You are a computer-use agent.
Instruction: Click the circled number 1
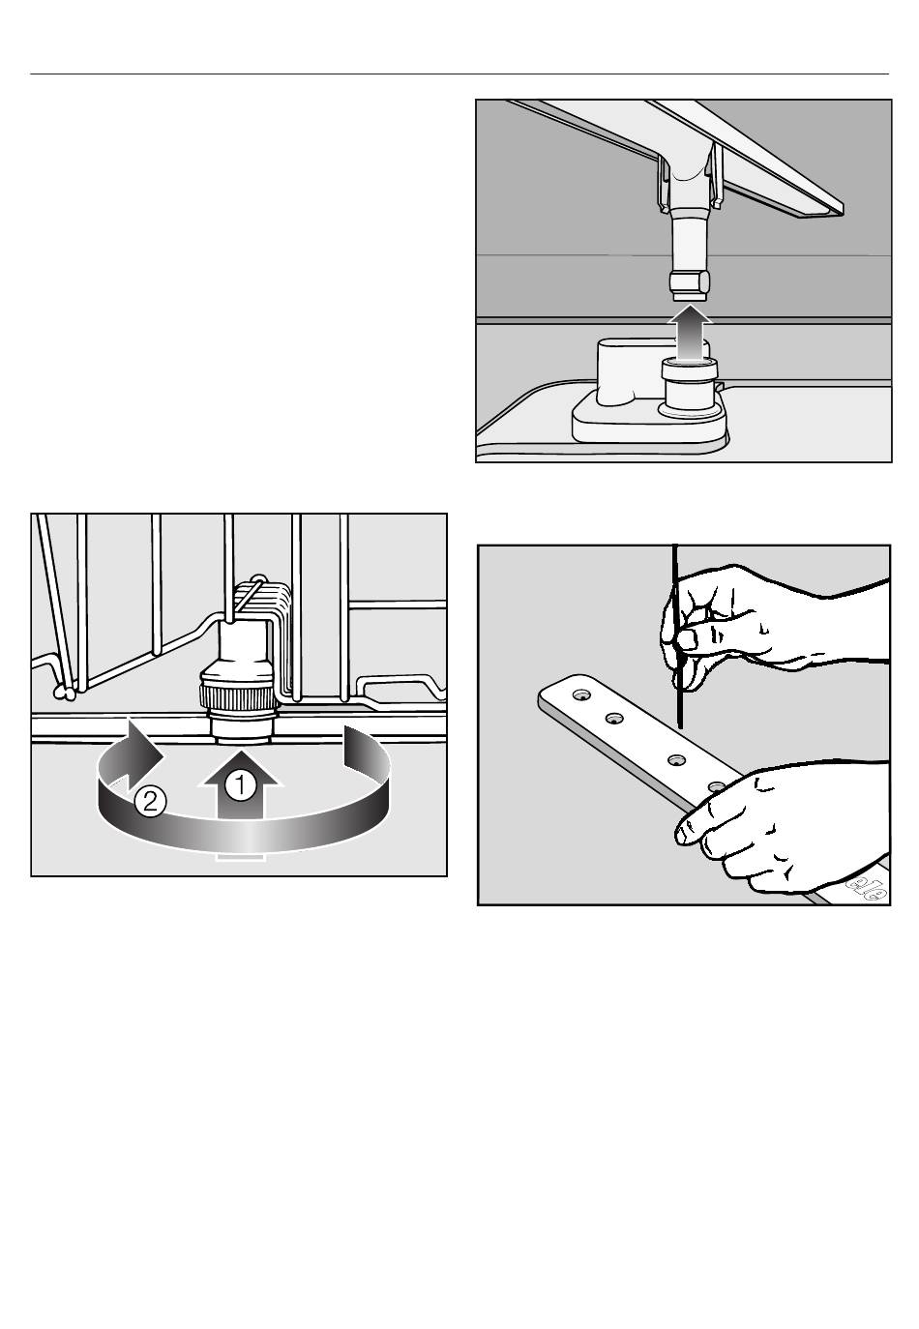pyautogui.click(x=240, y=785)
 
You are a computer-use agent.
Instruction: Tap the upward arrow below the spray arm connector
pyautogui.click(x=689, y=333)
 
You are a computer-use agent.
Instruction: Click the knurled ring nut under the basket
pyautogui.click(x=240, y=696)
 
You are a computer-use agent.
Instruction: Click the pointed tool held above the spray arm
pyautogui.click(x=677, y=636)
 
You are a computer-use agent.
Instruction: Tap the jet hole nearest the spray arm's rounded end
pyautogui.click(x=580, y=694)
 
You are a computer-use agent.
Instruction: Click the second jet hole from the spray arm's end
pyautogui.click(x=613, y=719)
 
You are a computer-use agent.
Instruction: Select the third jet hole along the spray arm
pyautogui.click(x=676, y=759)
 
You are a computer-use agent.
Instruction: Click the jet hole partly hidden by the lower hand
pyautogui.click(x=716, y=786)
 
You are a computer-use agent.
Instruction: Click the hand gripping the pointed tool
pyautogui.click(x=765, y=623)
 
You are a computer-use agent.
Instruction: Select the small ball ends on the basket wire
pyautogui.click(x=64, y=692)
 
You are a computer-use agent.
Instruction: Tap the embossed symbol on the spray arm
pyautogui.click(x=868, y=889)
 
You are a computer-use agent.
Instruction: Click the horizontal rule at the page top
pyautogui.click(x=459, y=74)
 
